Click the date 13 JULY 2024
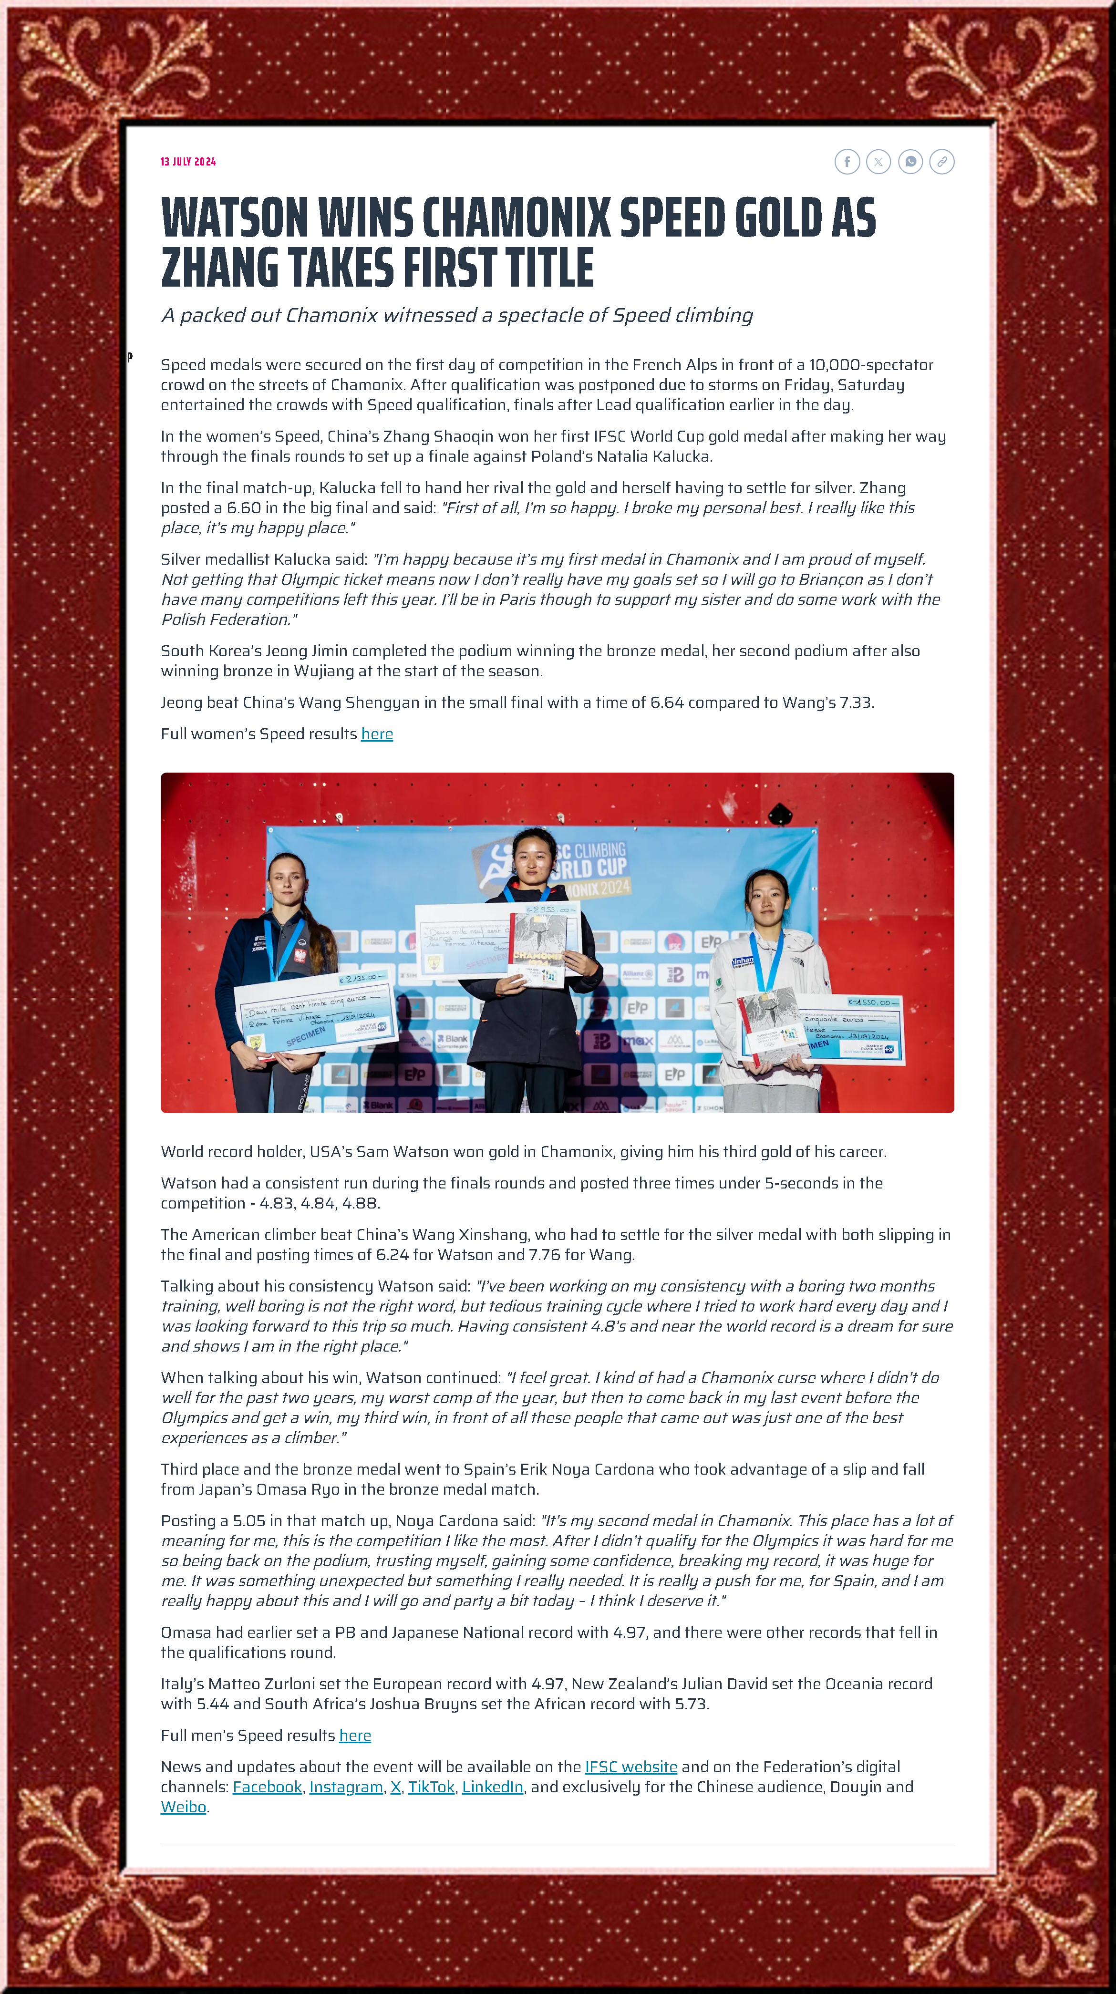pos(188,162)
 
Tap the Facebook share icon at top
pos(847,162)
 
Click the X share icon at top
pos(878,162)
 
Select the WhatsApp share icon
pos(910,162)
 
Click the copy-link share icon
pos(942,162)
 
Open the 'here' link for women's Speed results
pos(377,734)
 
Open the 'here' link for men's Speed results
pos(355,1736)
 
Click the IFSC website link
pos(631,1767)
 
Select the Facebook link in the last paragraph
pos(267,1787)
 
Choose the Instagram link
pos(346,1787)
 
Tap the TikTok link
pos(431,1787)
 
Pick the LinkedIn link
pos(492,1787)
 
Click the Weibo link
pos(184,1807)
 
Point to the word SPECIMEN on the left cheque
pos(306,1036)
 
